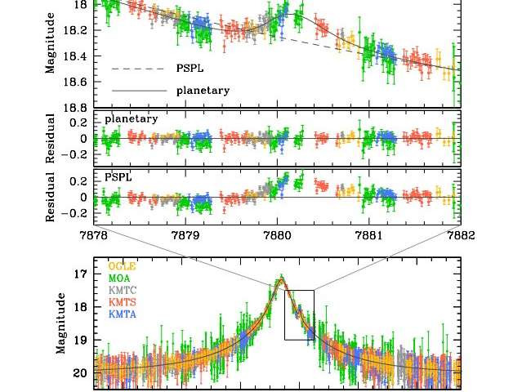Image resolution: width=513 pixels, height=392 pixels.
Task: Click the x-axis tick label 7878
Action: [x=95, y=236]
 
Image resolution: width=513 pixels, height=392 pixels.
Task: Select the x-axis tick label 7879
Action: [x=186, y=236]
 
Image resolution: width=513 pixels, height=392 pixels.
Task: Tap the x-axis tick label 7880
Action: [x=278, y=236]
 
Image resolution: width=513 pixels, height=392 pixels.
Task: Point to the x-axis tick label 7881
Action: [x=369, y=236]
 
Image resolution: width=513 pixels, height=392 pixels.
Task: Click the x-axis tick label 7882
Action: [x=460, y=236]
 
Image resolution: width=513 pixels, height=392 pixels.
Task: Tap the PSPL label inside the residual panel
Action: [x=118, y=176]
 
